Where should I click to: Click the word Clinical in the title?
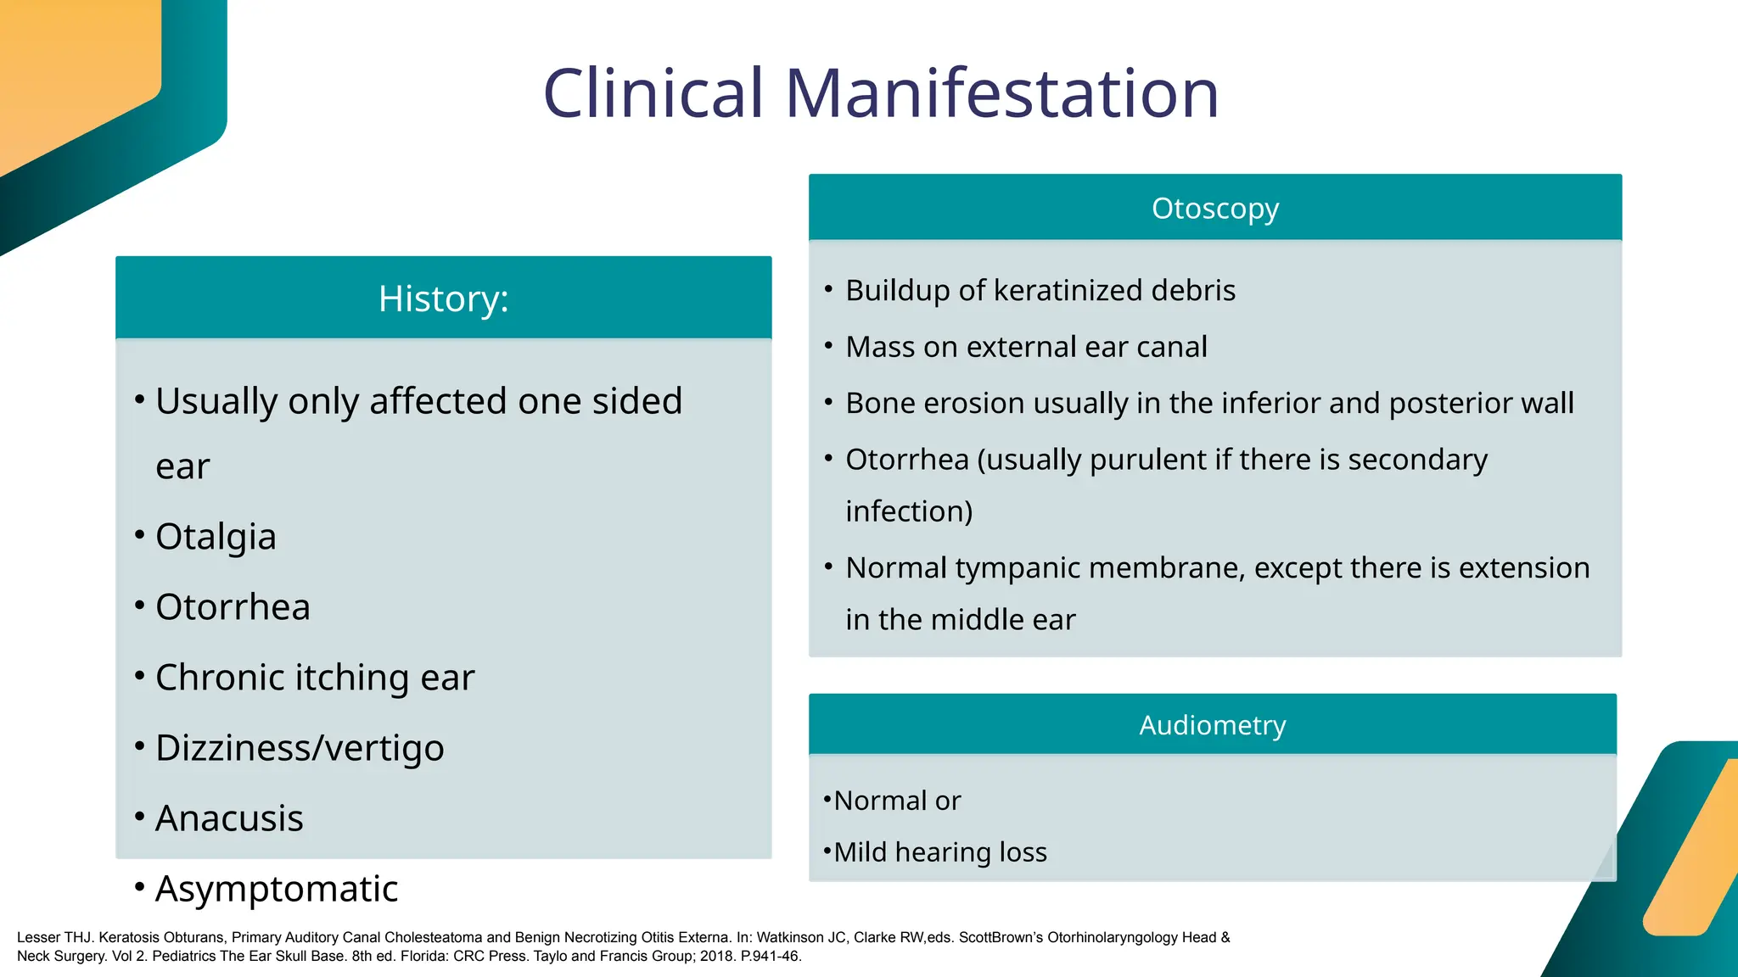click(653, 93)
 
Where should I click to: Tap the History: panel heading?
click(443, 299)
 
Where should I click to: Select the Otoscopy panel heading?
click(1214, 208)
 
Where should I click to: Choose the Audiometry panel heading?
click(1212, 725)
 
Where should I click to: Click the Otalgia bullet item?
click(216, 537)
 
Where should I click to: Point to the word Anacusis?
click(229, 818)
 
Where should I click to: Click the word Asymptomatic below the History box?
click(277, 889)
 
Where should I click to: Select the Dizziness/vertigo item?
click(300, 748)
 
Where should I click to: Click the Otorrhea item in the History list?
click(233, 607)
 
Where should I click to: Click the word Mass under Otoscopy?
click(880, 347)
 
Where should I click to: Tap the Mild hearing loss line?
click(940, 851)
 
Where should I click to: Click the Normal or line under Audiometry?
click(897, 801)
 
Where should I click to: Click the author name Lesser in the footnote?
click(38, 937)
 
